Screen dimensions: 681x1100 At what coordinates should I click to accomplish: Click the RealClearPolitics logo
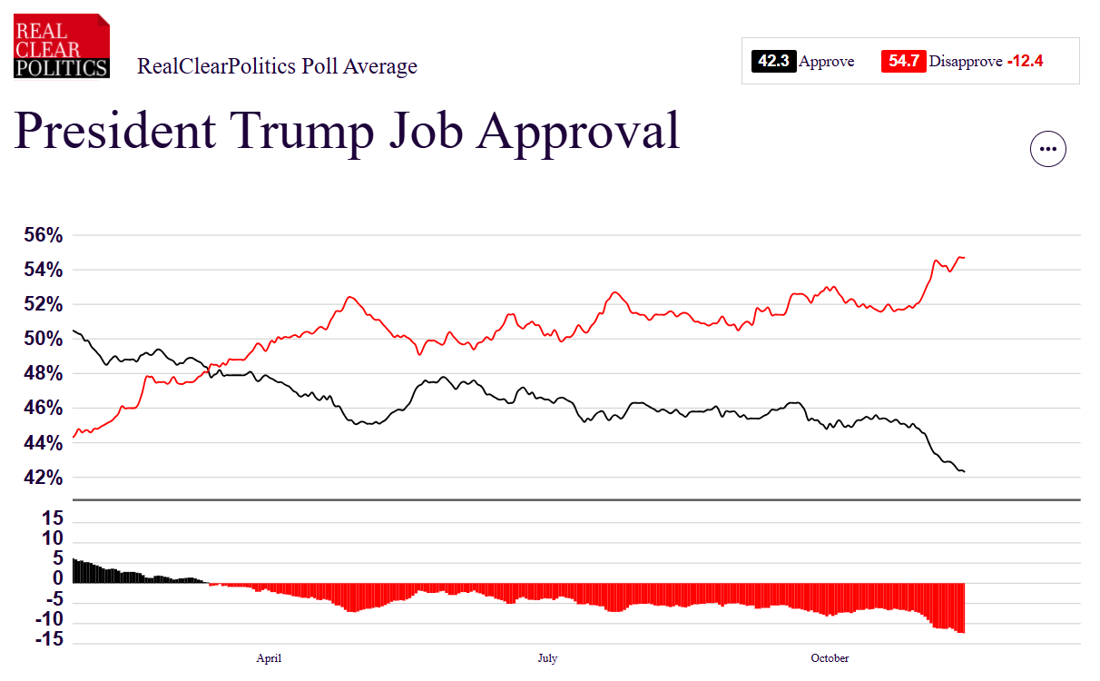click(62, 46)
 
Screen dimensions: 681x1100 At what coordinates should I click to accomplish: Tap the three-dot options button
click(1047, 149)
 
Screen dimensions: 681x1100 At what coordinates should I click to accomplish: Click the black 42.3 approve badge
click(773, 62)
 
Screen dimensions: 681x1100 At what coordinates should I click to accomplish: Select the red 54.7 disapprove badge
click(903, 62)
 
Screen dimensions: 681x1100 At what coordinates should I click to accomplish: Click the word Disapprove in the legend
click(966, 62)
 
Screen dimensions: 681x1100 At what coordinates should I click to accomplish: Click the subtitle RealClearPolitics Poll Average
click(277, 66)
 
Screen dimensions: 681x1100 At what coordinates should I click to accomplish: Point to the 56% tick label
click(43, 235)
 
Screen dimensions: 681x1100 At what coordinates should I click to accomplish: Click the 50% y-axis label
click(43, 339)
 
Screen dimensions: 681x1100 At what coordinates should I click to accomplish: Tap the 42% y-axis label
click(43, 478)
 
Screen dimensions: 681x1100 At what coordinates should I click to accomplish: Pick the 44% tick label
click(43, 443)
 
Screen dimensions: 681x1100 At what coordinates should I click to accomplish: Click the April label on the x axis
click(269, 658)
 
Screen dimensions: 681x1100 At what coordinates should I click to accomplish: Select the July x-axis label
click(547, 658)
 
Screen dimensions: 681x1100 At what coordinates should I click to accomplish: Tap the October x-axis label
click(830, 658)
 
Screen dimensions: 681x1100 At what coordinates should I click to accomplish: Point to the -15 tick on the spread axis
click(49, 639)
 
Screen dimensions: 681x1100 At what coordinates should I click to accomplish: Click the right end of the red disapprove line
click(964, 258)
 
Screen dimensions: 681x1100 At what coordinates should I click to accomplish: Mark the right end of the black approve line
click(964, 471)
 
